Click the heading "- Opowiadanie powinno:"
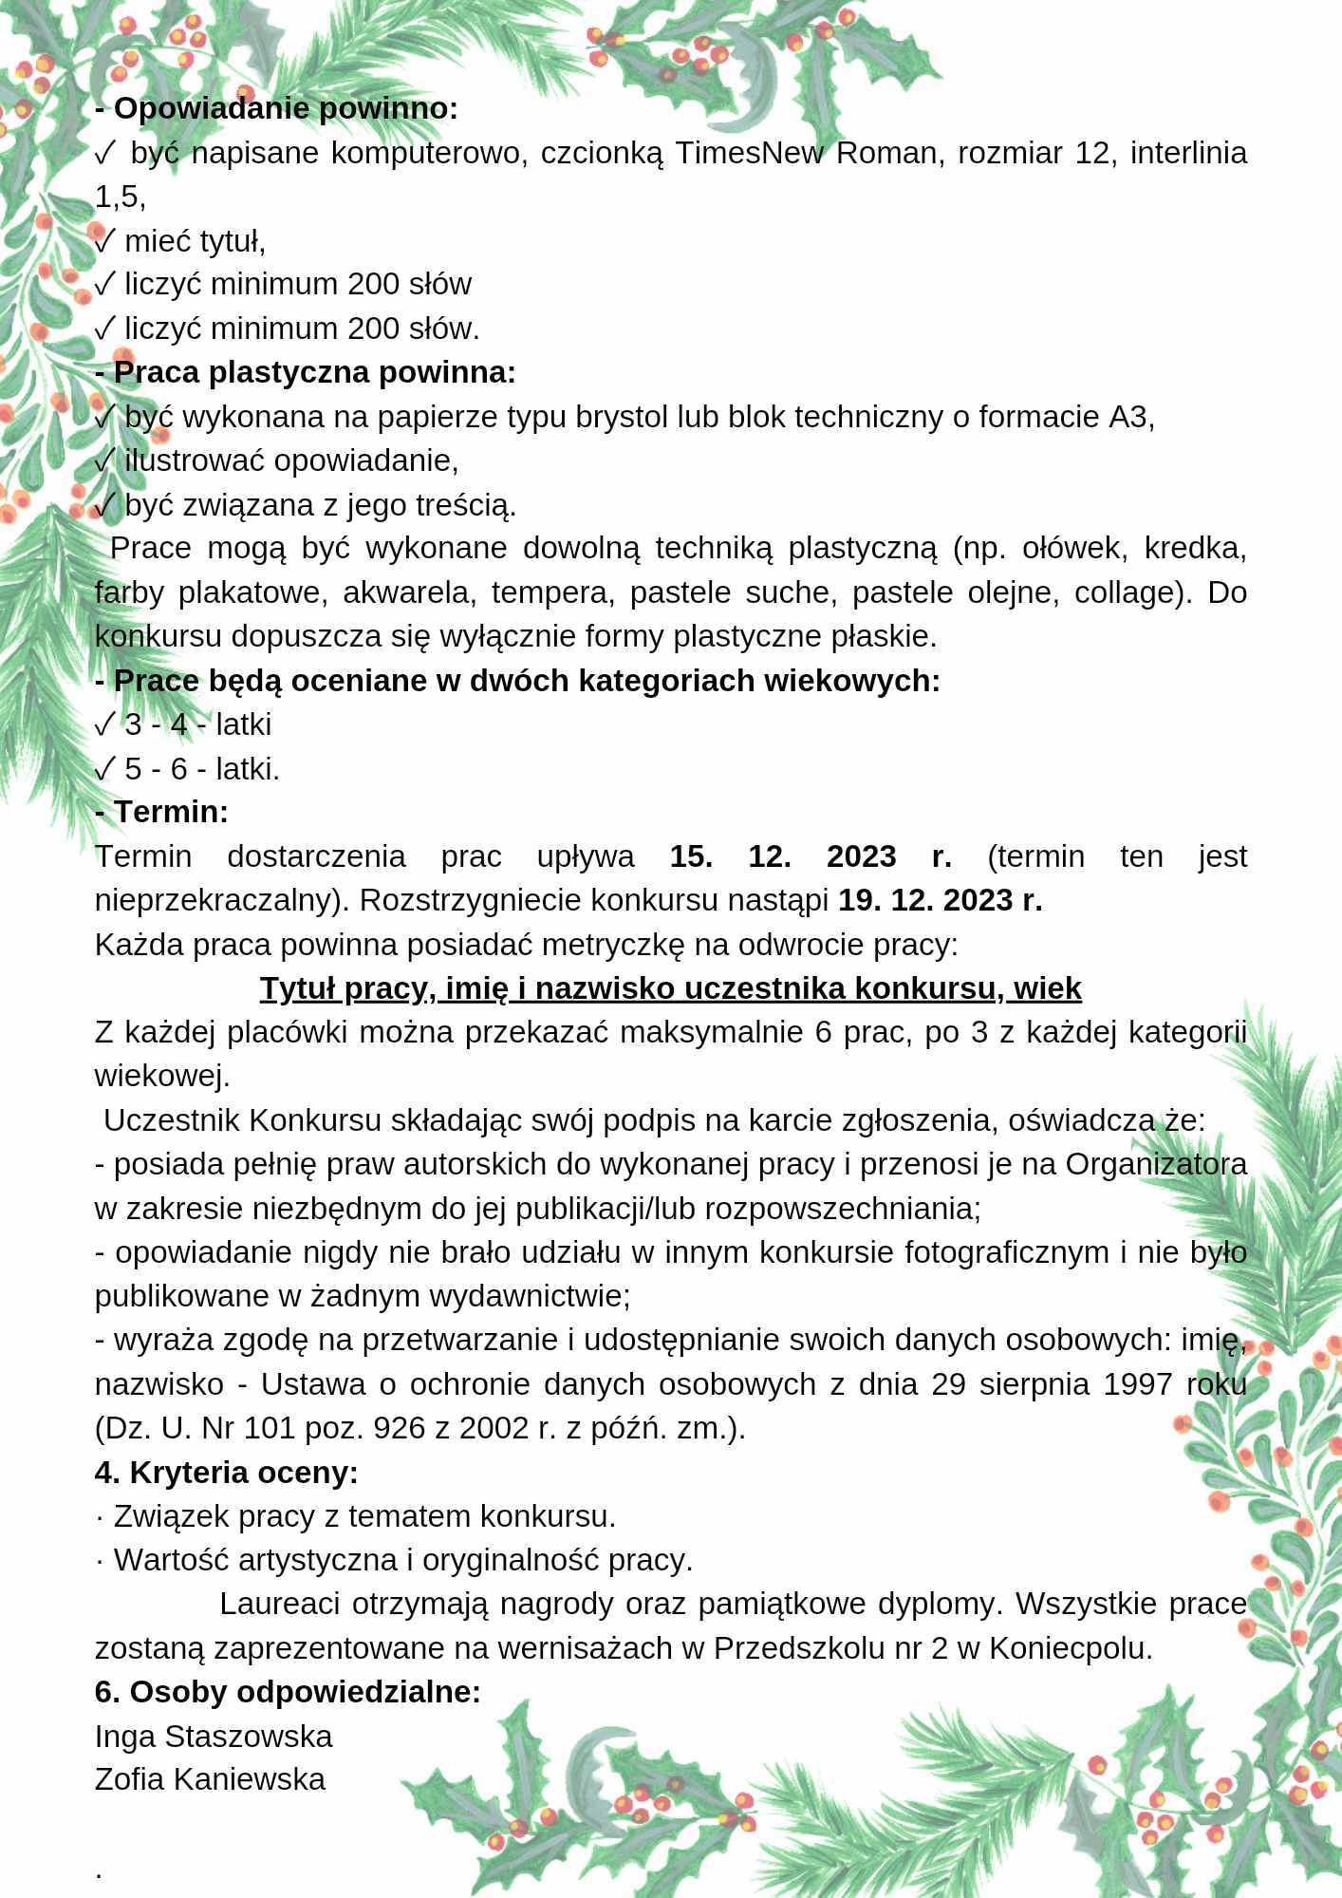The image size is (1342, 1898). tap(276, 109)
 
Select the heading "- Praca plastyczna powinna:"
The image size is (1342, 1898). tap(306, 372)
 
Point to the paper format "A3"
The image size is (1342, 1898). tap(1128, 417)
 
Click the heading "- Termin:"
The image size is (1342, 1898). tap(162, 813)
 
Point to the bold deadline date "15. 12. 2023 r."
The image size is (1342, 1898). tap(811, 856)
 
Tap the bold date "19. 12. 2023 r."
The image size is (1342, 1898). tap(940, 900)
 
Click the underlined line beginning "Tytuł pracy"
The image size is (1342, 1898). tap(671, 988)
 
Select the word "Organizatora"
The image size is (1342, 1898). tap(1155, 1164)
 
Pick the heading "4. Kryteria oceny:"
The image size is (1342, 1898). tap(227, 1473)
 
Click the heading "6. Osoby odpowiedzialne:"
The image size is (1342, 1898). tap(288, 1692)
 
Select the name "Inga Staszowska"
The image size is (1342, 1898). tap(214, 1736)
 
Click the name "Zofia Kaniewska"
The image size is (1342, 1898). tap(210, 1779)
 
